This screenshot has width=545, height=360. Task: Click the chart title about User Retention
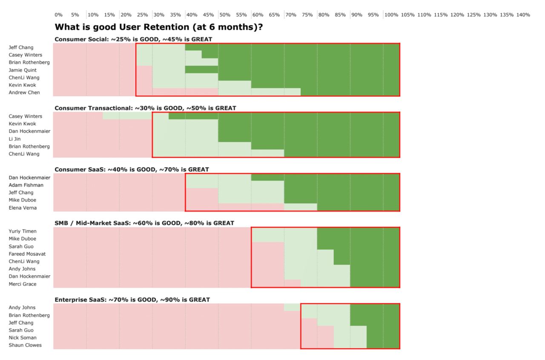(x=159, y=27)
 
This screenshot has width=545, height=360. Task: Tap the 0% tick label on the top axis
(x=58, y=15)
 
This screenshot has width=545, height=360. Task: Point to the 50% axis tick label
(x=225, y=15)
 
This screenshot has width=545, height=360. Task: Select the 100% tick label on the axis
(x=391, y=15)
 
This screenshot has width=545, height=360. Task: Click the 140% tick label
(x=523, y=15)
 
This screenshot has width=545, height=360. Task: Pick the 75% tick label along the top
(x=307, y=15)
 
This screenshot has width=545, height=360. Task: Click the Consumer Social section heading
(x=133, y=39)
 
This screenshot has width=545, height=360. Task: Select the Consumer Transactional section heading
(x=145, y=108)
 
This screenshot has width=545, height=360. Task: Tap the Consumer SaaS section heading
(x=132, y=170)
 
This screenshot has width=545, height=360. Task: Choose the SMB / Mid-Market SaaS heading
(x=144, y=223)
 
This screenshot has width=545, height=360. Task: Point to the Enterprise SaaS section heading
(x=132, y=300)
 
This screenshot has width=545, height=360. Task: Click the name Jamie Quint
(x=23, y=70)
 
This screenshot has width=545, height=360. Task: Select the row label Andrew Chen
(x=24, y=92)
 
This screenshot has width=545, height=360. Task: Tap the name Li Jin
(x=14, y=139)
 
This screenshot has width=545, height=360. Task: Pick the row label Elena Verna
(x=23, y=208)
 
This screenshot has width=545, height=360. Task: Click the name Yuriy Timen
(x=23, y=231)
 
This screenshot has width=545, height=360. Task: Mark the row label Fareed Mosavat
(x=27, y=254)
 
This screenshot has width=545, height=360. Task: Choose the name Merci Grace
(x=23, y=284)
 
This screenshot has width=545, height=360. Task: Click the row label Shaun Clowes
(x=25, y=345)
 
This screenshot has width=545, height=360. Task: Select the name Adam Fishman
(x=26, y=185)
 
